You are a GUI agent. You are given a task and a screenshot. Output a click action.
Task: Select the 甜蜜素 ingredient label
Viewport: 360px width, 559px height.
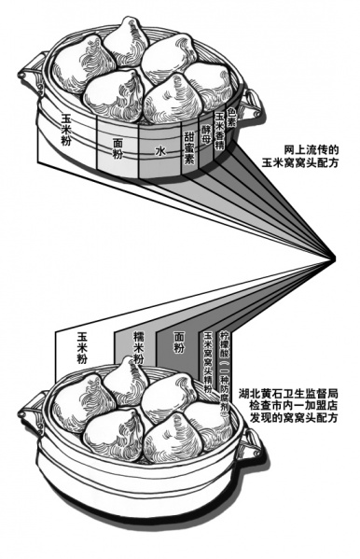(188, 147)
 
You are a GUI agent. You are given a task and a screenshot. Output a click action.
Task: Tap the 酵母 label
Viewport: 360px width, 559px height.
(206, 136)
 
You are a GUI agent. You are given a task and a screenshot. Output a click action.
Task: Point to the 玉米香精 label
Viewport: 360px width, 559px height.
(220, 127)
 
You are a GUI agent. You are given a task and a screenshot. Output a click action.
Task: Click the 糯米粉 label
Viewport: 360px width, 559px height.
(138, 345)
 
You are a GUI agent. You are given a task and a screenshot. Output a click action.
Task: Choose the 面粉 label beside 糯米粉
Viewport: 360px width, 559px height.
(177, 345)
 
